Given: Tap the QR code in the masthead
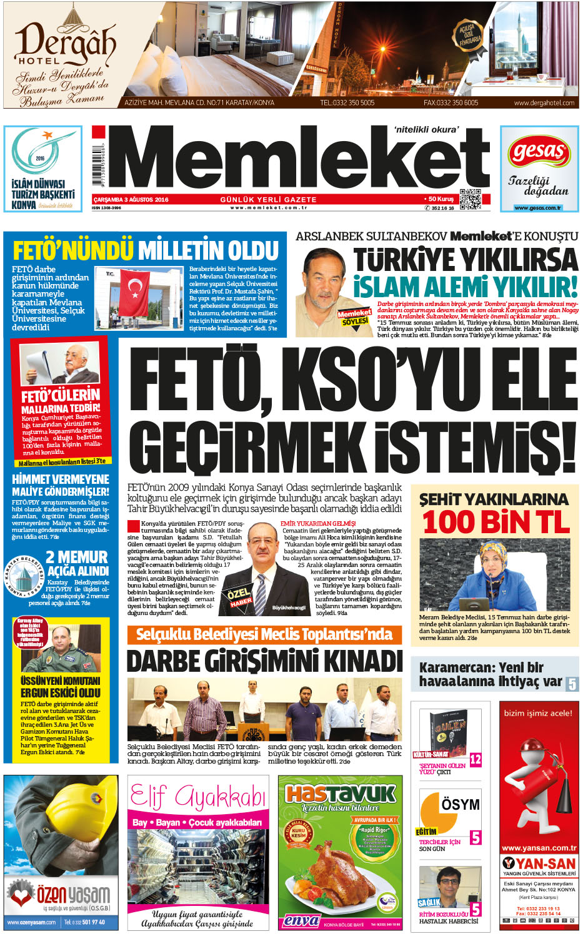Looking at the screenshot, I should click(470, 199).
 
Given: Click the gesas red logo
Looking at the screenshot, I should click(539, 152).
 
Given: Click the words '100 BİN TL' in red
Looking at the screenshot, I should click(496, 523).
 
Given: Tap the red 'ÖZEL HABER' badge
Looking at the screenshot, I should click(240, 596).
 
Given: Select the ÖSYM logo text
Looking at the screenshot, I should click(460, 804).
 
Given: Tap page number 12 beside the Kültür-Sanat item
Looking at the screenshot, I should click(476, 759).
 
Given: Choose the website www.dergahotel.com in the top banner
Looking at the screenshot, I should click(544, 103).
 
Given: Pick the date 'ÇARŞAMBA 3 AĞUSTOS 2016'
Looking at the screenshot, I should click(131, 200).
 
